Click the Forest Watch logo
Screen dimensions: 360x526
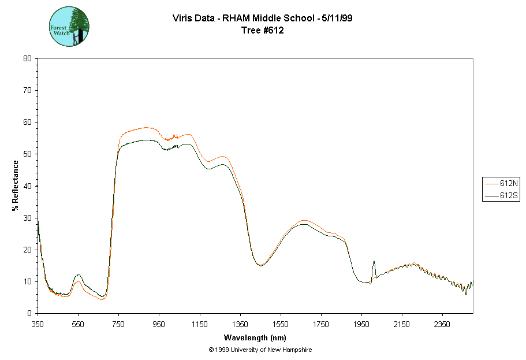pyautogui.click(x=69, y=27)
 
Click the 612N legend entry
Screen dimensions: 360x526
pyautogui.click(x=501, y=183)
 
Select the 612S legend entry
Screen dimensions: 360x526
pyautogui.click(x=501, y=196)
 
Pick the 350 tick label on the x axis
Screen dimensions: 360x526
pyautogui.click(x=38, y=324)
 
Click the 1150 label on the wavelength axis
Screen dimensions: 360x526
pyautogui.click(x=200, y=324)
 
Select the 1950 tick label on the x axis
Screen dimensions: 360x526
pyautogui.click(x=361, y=324)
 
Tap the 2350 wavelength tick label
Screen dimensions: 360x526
pyautogui.click(x=442, y=324)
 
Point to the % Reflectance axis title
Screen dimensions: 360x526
pyautogui.click(x=16, y=185)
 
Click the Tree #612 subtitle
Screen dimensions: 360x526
pyautogui.click(x=263, y=31)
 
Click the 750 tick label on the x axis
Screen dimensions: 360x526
pyautogui.click(x=118, y=324)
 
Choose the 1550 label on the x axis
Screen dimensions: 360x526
pyautogui.click(x=281, y=324)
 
